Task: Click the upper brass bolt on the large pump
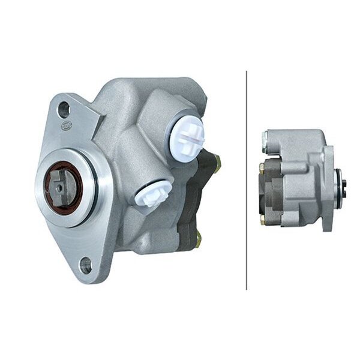[216, 161]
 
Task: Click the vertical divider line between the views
[247, 180]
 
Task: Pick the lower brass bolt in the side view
[263, 220]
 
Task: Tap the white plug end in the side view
[265, 139]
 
